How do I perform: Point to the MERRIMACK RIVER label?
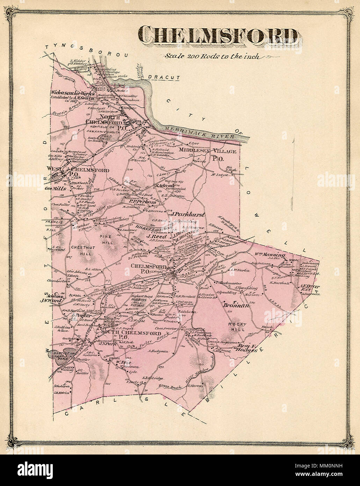200,131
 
